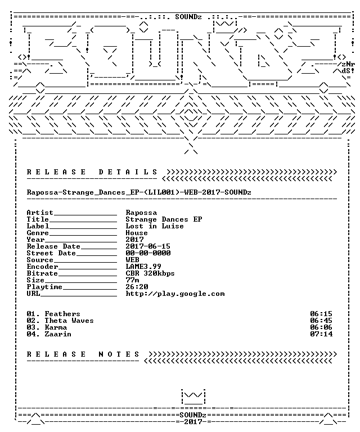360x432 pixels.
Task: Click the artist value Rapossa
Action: (141, 213)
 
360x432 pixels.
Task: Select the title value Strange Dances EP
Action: (164, 219)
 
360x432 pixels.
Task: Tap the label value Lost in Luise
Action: (155, 226)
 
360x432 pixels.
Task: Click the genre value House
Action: (137, 233)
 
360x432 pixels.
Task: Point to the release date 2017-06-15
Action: (148, 246)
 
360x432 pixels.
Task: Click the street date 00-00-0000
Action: (148, 253)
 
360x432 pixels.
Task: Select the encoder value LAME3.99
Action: (143, 267)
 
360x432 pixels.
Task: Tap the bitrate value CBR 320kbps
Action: (150, 273)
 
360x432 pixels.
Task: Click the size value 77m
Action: (133, 280)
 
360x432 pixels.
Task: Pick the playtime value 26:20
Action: (137, 287)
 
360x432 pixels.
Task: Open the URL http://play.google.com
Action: (175, 294)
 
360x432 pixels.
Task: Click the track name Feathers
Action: (62, 314)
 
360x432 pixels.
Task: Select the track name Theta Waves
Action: (69, 321)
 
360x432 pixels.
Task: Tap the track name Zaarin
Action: (58, 334)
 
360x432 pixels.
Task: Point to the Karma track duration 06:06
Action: (321, 327)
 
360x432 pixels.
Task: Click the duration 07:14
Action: (321, 334)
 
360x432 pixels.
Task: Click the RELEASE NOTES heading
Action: (83, 354)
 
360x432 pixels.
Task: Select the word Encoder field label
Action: (42, 267)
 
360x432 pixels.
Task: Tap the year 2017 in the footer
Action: (193, 421)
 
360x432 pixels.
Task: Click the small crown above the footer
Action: (193, 397)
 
